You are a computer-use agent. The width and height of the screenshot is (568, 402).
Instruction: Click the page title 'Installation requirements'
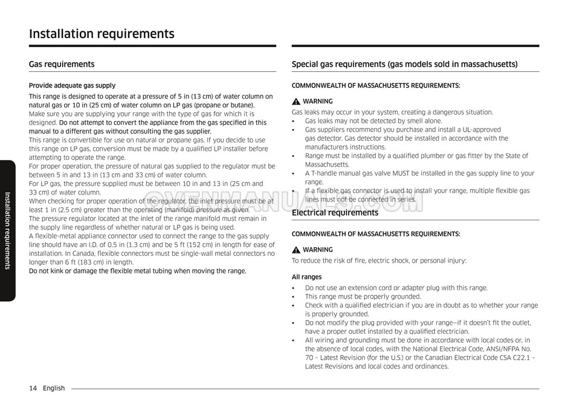[x=102, y=34]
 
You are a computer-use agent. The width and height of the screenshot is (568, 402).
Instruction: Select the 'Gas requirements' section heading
[x=62, y=64]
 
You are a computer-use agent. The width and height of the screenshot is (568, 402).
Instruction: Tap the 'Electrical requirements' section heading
[x=335, y=212]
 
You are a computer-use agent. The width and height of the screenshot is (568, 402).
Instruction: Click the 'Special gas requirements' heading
[x=404, y=64]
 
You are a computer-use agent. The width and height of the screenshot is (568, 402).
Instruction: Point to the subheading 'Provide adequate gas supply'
[x=72, y=86]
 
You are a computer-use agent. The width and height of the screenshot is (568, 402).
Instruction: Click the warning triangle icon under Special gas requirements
[x=296, y=101]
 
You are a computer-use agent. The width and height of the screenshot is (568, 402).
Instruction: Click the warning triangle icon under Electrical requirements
[x=296, y=250]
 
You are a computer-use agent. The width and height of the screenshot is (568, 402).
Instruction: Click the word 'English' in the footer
[x=54, y=388]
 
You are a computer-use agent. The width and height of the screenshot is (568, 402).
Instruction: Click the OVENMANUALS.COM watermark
[x=284, y=202]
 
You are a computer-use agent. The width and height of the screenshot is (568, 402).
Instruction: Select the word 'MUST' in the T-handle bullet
[x=407, y=173]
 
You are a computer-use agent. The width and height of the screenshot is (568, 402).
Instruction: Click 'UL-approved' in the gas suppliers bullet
[x=480, y=130]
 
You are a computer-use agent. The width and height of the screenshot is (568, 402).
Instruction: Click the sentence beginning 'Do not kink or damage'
[x=138, y=271]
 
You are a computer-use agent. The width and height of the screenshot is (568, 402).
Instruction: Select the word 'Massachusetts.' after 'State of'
[x=327, y=164]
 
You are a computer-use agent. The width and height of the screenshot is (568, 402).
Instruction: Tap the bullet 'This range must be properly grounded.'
[x=363, y=296]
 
